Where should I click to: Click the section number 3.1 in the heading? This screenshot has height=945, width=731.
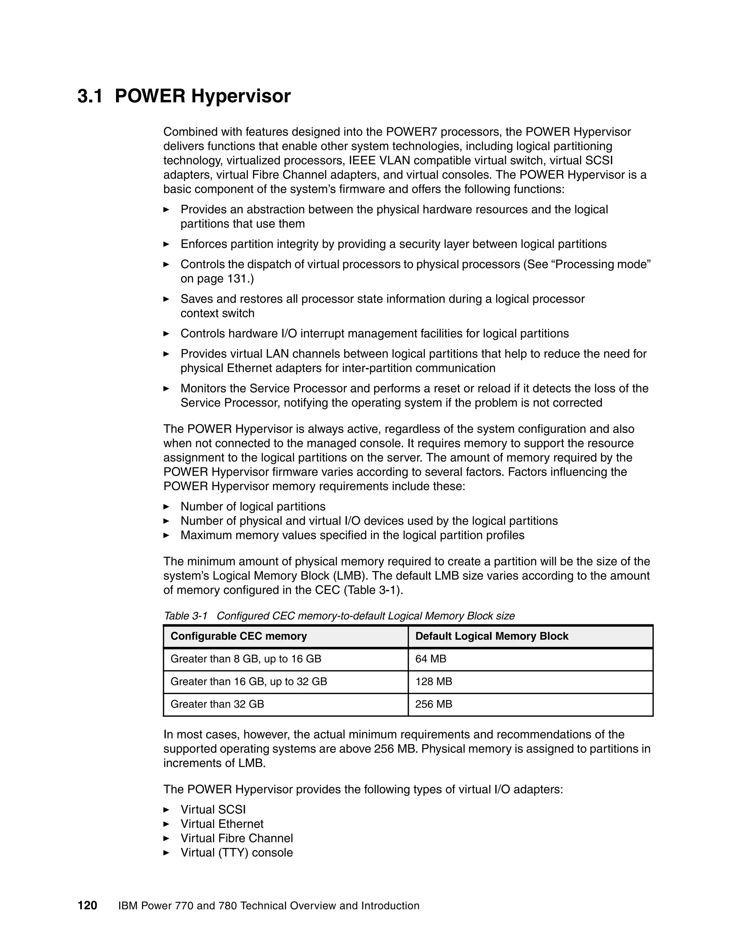pyautogui.click(x=90, y=96)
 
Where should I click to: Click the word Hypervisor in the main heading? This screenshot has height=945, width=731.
pyautogui.click(x=241, y=96)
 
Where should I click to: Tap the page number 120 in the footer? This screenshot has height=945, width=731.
pyautogui.click(x=87, y=905)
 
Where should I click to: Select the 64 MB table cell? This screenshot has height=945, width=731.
pyautogui.click(x=430, y=659)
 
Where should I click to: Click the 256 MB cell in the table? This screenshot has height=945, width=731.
pyautogui.click(x=433, y=704)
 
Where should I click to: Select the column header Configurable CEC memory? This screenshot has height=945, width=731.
pyautogui.click(x=239, y=636)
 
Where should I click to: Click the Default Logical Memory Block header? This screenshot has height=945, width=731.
pyautogui.click(x=491, y=636)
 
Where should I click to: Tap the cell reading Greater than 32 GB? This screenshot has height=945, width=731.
pyautogui.click(x=217, y=704)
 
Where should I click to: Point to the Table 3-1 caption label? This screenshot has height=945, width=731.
pyautogui.click(x=186, y=616)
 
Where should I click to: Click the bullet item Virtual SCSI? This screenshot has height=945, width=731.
pyautogui.click(x=213, y=809)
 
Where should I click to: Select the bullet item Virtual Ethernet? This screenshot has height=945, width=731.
pyautogui.click(x=222, y=824)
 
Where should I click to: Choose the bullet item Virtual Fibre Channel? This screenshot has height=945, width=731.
pyautogui.click(x=236, y=838)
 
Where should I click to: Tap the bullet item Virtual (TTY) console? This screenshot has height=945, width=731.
pyautogui.click(x=236, y=852)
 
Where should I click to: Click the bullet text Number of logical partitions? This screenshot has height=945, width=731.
pyautogui.click(x=253, y=506)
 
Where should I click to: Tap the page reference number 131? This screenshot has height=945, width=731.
pyautogui.click(x=238, y=279)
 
